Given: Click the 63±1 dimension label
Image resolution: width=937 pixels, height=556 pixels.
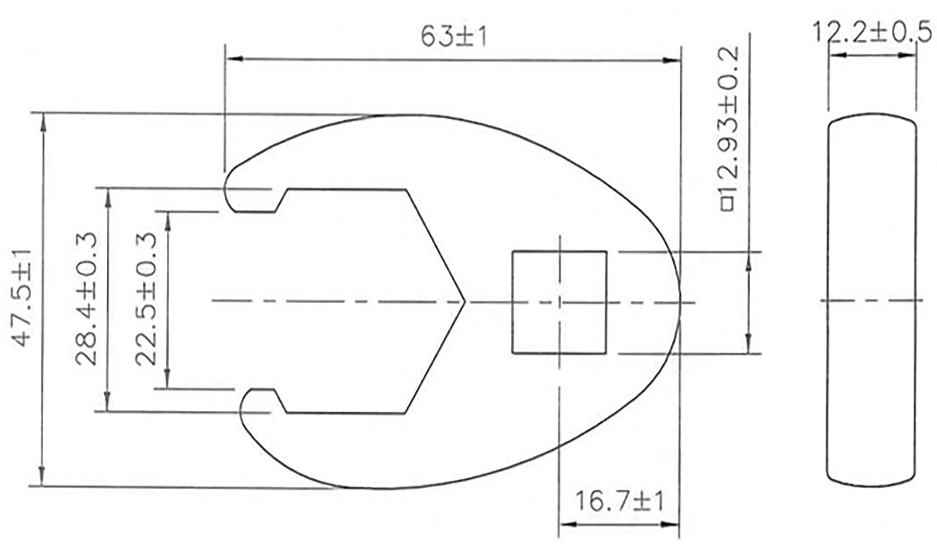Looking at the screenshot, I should tap(454, 37).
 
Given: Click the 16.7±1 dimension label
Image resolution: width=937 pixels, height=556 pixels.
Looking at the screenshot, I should tap(619, 502).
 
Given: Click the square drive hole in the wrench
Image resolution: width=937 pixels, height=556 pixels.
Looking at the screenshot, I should tap(559, 302).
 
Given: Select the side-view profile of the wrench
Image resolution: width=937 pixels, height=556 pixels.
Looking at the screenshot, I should tap(871, 300).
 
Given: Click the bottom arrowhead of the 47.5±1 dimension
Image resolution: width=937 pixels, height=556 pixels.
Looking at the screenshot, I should tap(42, 478).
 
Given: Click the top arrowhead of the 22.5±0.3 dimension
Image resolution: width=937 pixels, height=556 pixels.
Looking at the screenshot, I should tap(168, 221).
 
